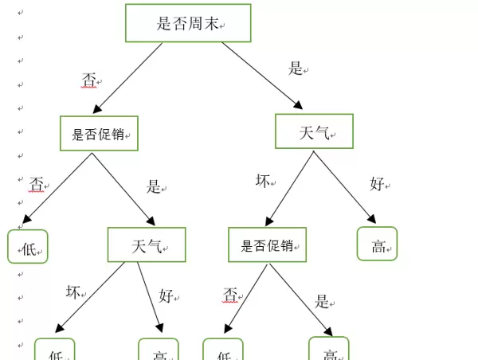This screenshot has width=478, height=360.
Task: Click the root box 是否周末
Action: [x=188, y=23]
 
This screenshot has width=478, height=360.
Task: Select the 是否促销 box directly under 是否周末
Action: [x=99, y=133]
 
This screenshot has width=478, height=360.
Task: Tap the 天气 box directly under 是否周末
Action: [x=314, y=131]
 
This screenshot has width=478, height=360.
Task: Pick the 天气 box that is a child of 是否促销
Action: [x=147, y=245]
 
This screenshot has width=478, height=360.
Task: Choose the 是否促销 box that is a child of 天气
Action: [x=267, y=245]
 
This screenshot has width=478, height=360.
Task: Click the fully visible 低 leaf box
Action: [x=28, y=247]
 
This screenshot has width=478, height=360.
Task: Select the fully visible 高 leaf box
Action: [x=377, y=245]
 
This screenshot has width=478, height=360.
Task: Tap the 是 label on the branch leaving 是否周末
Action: [x=296, y=68]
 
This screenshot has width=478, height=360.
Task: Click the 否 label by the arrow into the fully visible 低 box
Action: [x=37, y=185]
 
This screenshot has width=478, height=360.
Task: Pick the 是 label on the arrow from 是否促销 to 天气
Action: [x=154, y=186]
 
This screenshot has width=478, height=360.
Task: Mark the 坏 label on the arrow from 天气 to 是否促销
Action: [x=263, y=181]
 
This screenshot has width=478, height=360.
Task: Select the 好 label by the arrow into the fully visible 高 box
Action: [x=378, y=183]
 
